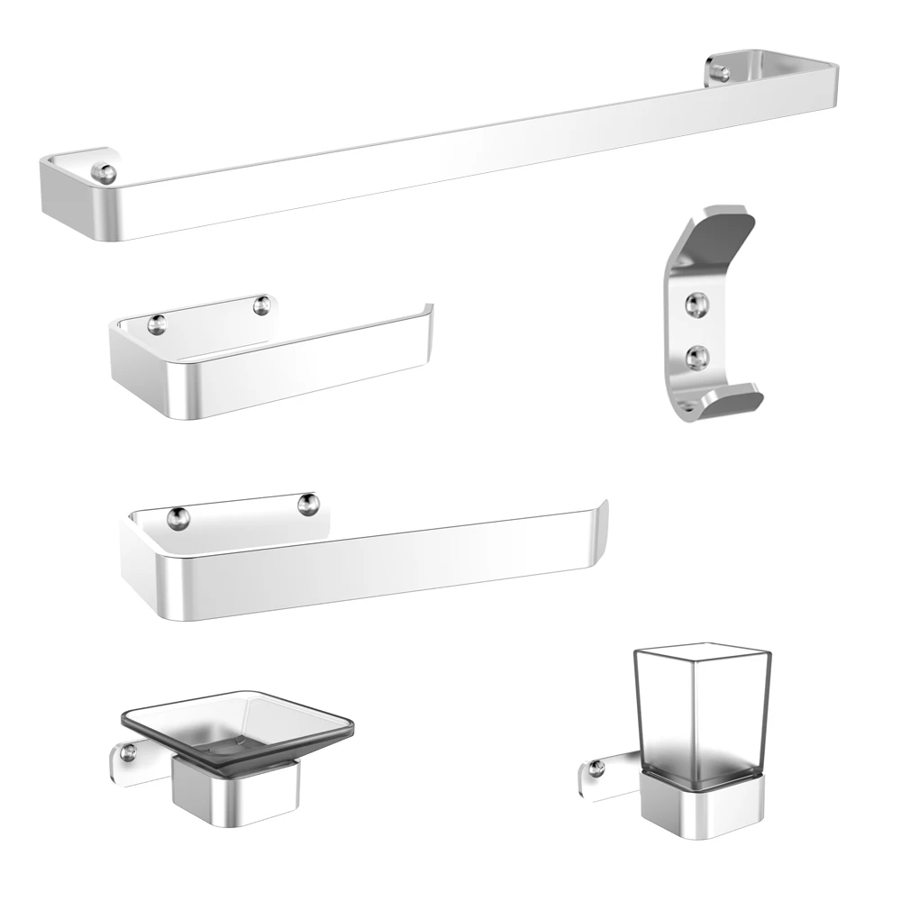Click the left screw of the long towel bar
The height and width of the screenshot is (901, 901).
(106, 172)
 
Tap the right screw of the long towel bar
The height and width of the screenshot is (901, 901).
(718, 71)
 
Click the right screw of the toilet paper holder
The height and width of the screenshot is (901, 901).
(261, 306)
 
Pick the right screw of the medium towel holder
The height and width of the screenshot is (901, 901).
(308, 505)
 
